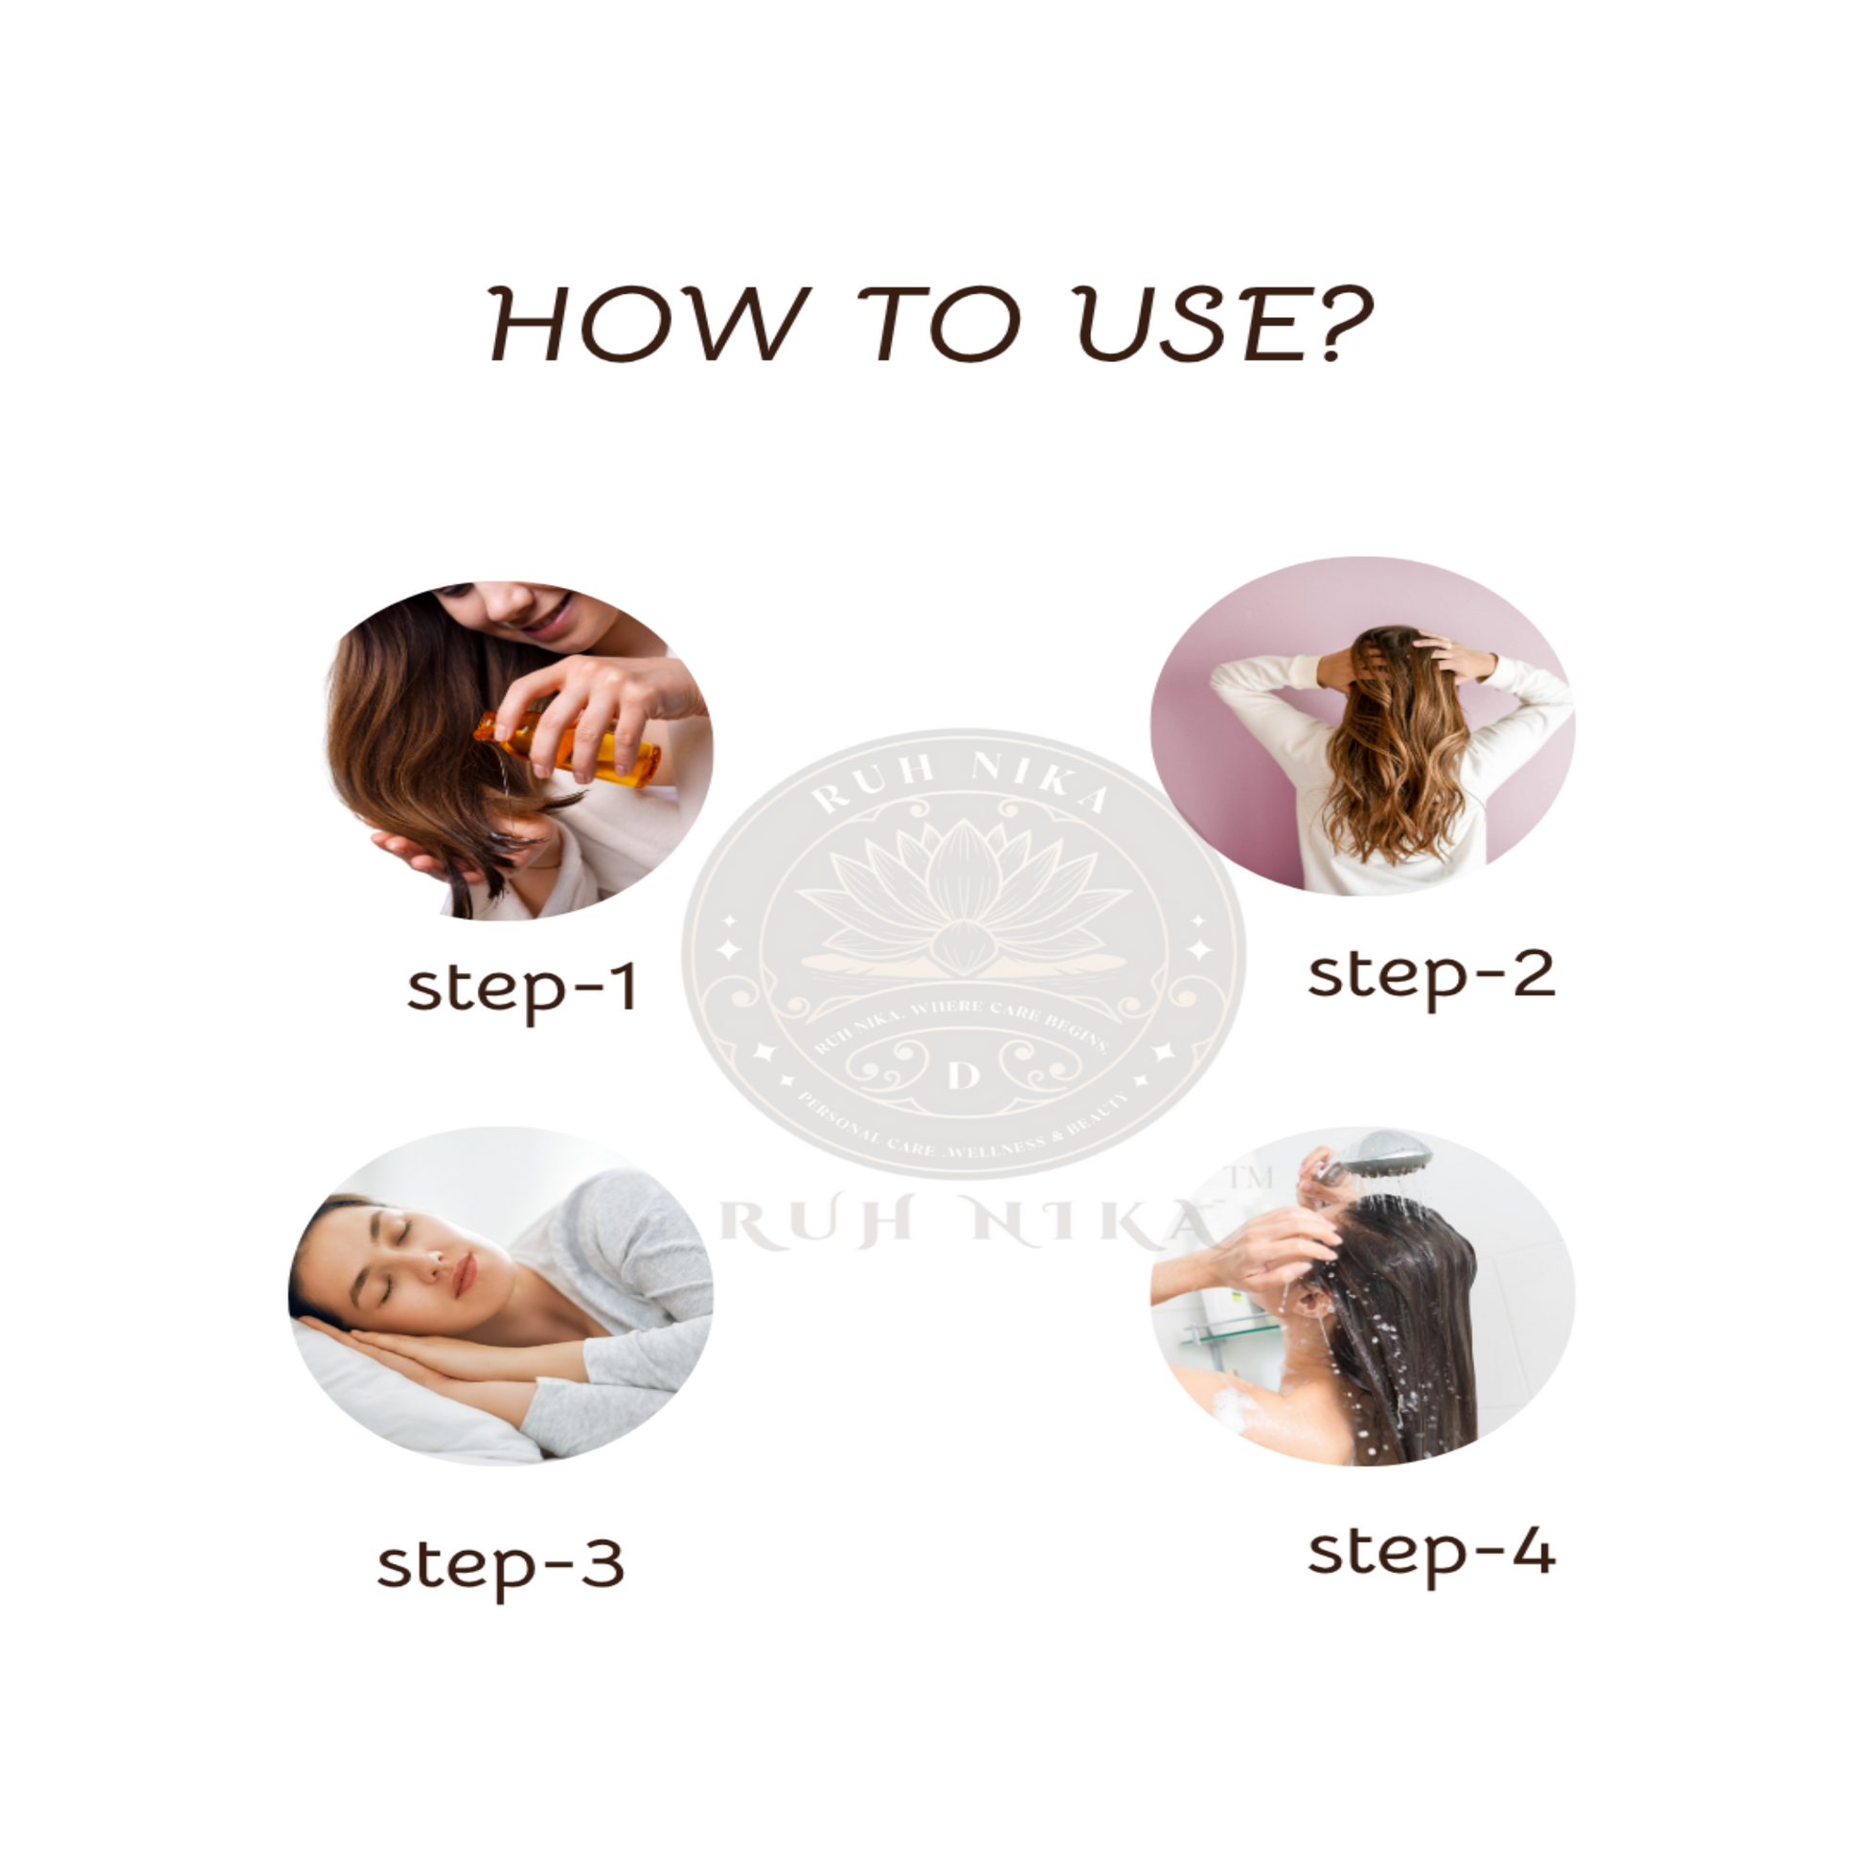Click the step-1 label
(522, 988)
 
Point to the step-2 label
(1431, 974)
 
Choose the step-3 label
(500, 1564)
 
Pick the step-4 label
(1431, 1553)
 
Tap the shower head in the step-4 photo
(1389, 1152)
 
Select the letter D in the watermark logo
(963, 1075)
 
